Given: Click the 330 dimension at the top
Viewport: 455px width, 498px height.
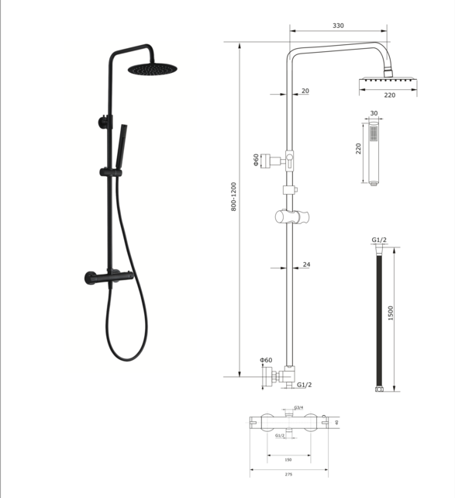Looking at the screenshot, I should (x=338, y=26).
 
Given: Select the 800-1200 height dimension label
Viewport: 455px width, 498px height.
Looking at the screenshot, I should (x=234, y=209).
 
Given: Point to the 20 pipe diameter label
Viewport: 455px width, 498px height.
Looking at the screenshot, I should (x=305, y=91).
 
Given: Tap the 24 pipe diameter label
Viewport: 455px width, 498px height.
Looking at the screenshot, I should (x=306, y=265).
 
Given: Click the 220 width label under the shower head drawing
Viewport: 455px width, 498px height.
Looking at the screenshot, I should (x=389, y=95).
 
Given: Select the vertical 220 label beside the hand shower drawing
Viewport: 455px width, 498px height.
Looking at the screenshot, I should (x=359, y=149).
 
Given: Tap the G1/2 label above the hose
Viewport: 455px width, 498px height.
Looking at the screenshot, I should (x=379, y=239).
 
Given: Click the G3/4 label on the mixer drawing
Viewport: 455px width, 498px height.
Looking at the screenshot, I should (x=298, y=407).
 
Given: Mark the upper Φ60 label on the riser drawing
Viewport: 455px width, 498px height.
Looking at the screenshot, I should (x=256, y=161).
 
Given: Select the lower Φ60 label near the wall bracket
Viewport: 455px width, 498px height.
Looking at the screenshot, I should (x=266, y=360).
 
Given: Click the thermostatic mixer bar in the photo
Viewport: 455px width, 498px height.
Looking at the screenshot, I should (x=106, y=278).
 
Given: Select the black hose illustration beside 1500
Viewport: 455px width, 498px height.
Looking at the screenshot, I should (x=379, y=318).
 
